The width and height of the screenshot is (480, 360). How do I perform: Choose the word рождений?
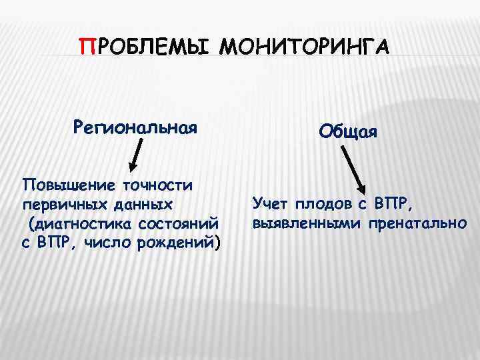coord(176,241)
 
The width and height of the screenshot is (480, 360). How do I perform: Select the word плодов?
coord(324,203)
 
